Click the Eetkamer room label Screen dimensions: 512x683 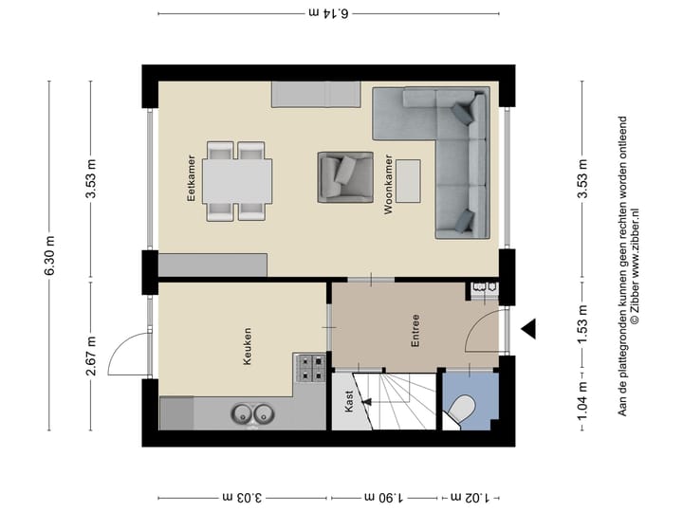point(191,177)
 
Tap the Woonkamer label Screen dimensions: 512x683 point(389,186)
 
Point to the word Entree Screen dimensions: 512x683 point(415,332)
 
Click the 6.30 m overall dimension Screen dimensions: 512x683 point(48,256)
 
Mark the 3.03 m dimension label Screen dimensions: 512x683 point(243,496)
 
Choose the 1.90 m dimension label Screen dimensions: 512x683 point(384,496)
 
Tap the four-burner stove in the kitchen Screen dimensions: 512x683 point(310,368)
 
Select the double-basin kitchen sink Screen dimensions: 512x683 point(250,414)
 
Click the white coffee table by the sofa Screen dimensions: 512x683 point(410,181)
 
